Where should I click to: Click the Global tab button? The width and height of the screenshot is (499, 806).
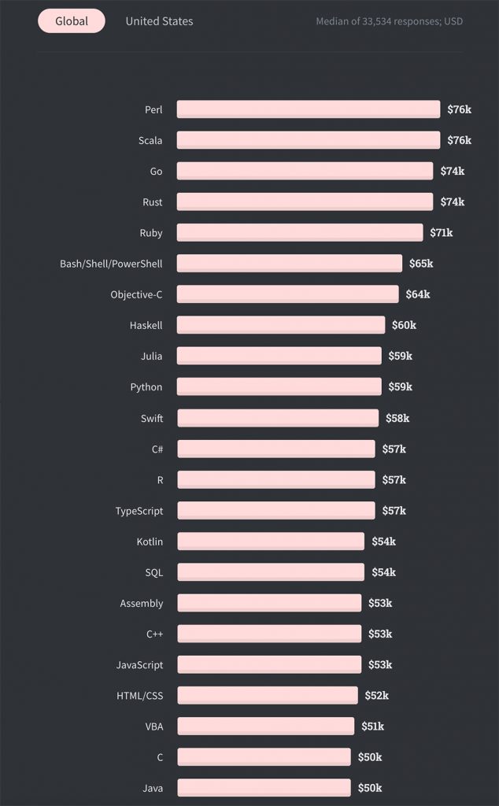[72, 21]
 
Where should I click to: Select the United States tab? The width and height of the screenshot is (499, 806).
[159, 21]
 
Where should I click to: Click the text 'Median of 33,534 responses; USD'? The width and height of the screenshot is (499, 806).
[389, 21]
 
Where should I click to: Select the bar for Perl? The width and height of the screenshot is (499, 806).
[308, 109]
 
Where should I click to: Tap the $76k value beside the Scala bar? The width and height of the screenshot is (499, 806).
[459, 140]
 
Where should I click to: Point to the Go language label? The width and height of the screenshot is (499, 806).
[156, 172]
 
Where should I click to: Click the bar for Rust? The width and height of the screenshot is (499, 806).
[305, 202]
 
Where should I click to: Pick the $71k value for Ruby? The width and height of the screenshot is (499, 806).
[441, 233]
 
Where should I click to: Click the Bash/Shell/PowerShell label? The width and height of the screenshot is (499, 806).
[111, 264]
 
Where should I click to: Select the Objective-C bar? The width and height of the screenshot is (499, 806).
[287, 294]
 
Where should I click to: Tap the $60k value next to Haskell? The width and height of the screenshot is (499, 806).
[404, 325]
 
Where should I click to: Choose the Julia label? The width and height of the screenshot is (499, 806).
[151, 356]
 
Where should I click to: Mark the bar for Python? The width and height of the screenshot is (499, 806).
[279, 386]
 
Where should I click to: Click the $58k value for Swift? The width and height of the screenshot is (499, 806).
[397, 418]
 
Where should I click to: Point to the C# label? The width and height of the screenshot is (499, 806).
[157, 449]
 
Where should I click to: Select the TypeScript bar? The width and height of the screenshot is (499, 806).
[275, 511]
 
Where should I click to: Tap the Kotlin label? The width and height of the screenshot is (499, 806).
[150, 542]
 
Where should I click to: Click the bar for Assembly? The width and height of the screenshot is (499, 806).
[269, 603]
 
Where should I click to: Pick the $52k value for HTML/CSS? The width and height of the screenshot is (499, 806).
[376, 696]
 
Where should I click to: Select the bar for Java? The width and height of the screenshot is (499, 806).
[264, 788]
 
